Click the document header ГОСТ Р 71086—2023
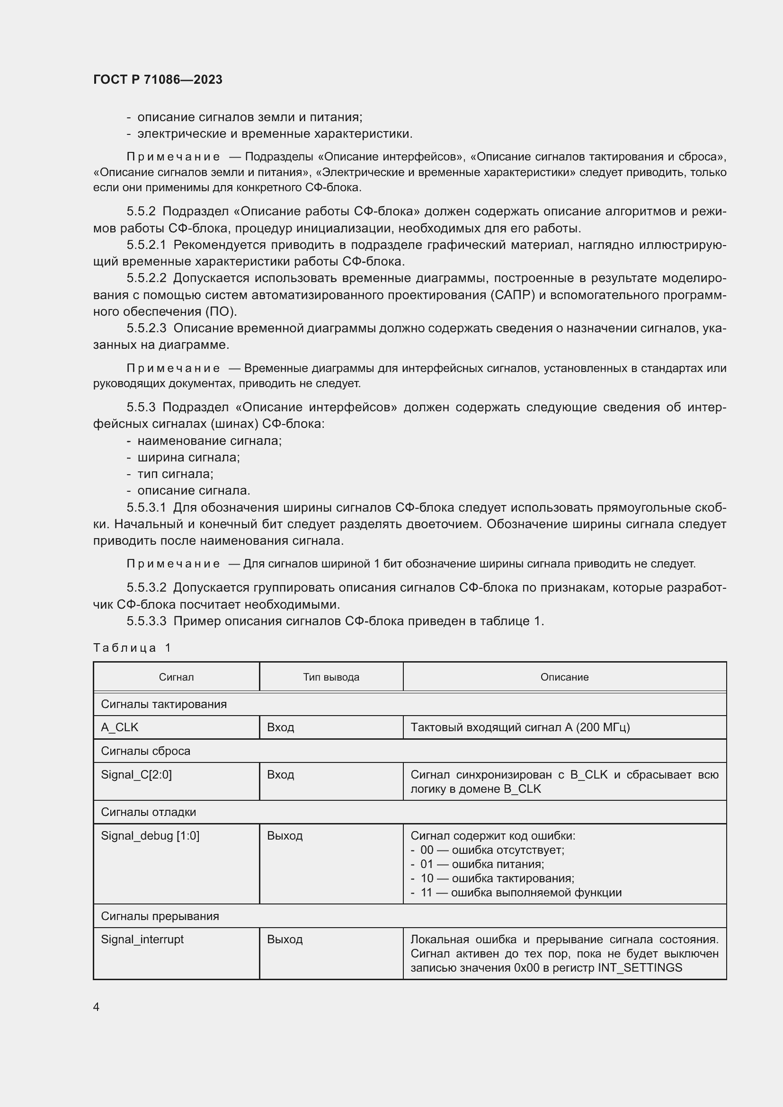point(158,80)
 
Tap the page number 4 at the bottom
point(96,1007)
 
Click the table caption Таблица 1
point(132,647)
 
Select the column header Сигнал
point(176,677)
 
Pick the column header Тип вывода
point(331,677)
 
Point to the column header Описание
point(564,677)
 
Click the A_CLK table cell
point(120,727)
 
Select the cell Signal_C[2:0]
point(136,774)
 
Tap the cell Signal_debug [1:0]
point(150,835)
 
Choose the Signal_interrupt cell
point(142,939)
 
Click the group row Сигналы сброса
point(145,751)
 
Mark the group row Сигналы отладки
point(148,812)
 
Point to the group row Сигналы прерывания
point(160,916)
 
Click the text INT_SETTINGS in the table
point(640,968)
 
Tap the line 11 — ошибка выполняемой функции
point(521,893)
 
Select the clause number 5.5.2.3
point(147,328)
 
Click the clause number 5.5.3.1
point(147,507)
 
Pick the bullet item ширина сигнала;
point(188,457)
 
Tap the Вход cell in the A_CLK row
point(281,727)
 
